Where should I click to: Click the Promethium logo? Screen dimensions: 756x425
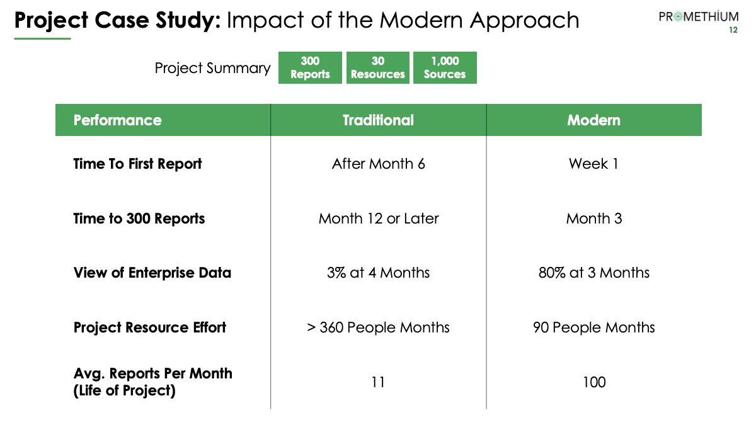click(698, 16)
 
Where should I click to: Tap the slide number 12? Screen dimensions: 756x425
click(733, 30)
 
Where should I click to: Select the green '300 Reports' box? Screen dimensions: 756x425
click(310, 67)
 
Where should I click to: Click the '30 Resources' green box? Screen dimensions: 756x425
click(377, 67)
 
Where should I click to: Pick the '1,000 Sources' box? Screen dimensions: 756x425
click(445, 67)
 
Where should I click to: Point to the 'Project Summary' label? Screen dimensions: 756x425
click(213, 69)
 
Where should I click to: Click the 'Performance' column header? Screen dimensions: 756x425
click(117, 120)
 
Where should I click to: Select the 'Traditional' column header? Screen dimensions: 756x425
click(378, 120)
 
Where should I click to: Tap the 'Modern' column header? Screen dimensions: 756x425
click(593, 120)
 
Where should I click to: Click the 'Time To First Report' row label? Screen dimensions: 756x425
click(137, 164)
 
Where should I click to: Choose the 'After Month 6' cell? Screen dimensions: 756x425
click(379, 164)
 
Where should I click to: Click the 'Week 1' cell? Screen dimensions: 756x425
click(593, 164)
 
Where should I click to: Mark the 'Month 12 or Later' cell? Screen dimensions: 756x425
click(379, 218)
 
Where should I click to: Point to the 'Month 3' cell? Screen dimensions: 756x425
click(594, 218)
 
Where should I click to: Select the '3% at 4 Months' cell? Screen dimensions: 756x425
click(379, 273)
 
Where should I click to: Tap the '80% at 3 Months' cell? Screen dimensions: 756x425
click(594, 273)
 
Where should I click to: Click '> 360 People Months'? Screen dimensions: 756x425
click(379, 327)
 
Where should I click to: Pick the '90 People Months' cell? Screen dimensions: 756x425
click(594, 327)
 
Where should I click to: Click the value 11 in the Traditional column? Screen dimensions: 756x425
click(378, 382)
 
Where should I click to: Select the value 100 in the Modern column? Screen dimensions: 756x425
click(594, 382)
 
